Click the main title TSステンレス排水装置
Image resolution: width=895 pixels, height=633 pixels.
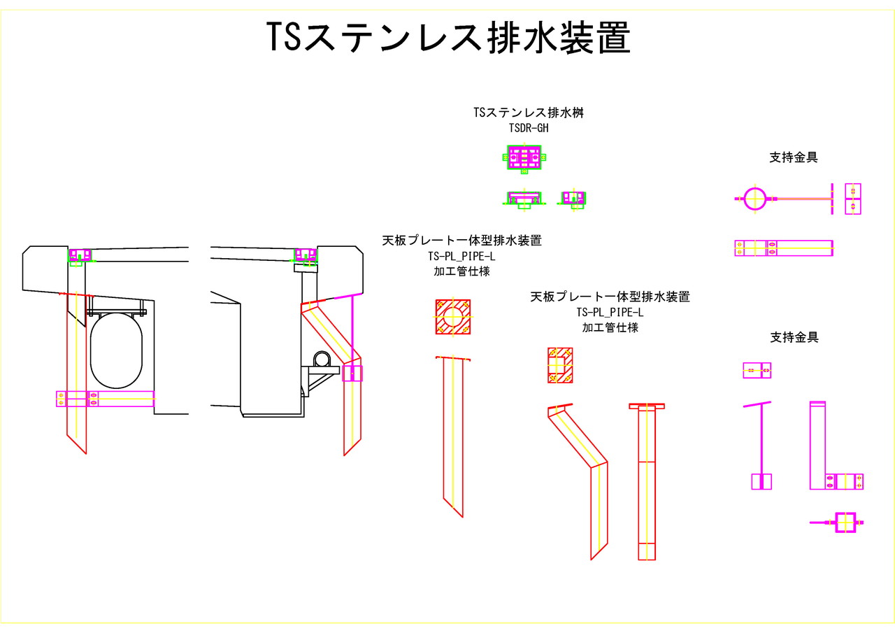click(x=448, y=37)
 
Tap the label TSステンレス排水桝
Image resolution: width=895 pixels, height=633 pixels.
click(x=529, y=113)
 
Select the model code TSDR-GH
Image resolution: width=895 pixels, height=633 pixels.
click(x=529, y=128)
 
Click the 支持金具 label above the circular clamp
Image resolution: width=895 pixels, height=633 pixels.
click(x=794, y=157)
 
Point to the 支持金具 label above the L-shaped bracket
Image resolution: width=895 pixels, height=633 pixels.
click(x=794, y=337)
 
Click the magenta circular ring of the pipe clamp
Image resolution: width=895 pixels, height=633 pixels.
click(x=756, y=199)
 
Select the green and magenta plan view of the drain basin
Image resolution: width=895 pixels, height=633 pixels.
click(x=524, y=157)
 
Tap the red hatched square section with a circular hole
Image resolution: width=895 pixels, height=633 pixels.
click(x=453, y=317)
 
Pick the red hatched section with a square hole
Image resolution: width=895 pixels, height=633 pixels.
click(x=560, y=365)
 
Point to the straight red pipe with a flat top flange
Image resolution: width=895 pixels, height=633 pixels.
click(x=647, y=483)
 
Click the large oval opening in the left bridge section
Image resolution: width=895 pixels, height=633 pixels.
click(x=116, y=350)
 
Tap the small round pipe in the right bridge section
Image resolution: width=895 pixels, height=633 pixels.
click(x=322, y=358)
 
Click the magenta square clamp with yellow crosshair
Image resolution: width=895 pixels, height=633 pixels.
click(x=845, y=522)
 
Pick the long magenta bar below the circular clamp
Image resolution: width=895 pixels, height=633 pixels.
click(x=783, y=248)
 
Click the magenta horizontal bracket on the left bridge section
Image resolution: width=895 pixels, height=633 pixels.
click(x=105, y=399)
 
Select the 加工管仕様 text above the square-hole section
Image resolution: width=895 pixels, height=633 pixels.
click(x=610, y=327)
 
